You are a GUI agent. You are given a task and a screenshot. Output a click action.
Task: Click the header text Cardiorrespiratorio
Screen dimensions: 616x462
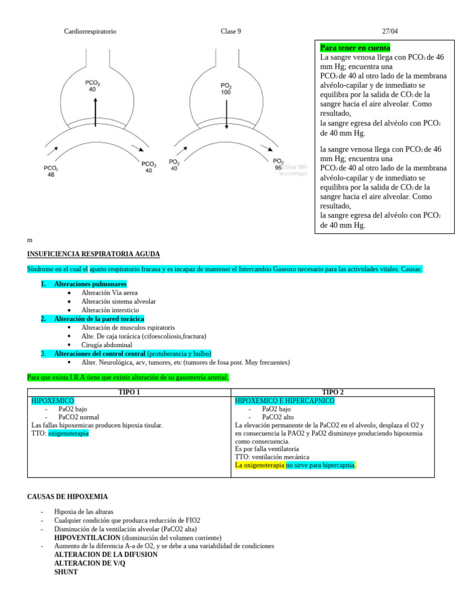[x=90, y=31]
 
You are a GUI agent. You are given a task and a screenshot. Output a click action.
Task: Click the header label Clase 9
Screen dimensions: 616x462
[x=231, y=31]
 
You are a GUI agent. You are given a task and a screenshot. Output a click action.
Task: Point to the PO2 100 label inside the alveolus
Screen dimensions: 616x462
[x=226, y=89]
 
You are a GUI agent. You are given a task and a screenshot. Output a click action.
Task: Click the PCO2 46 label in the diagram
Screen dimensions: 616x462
[x=51, y=171]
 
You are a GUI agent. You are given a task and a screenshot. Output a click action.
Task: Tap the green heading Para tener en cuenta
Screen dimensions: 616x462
[x=355, y=48]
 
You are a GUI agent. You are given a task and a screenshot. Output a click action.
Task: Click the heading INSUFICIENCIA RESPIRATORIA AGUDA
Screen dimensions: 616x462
[x=94, y=254]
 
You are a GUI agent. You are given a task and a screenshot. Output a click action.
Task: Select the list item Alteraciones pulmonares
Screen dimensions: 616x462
[x=90, y=283]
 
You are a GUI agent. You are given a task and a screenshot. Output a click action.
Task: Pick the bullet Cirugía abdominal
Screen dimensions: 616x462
[x=106, y=345]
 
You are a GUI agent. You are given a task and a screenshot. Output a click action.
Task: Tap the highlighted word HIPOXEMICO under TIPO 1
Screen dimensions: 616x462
[x=52, y=401]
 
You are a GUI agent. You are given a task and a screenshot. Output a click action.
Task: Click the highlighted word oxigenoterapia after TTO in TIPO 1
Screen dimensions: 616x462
[x=68, y=433]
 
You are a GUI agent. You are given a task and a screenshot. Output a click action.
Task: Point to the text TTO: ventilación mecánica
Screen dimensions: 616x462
[x=273, y=457]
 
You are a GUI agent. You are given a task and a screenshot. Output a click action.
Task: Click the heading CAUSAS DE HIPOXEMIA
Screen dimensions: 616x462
[x=68, y=496]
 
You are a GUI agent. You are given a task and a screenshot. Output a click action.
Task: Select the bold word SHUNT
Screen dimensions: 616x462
[x=66, y=572]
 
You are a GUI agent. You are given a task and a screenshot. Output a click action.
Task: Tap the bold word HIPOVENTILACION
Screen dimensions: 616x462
[x=87, y=537]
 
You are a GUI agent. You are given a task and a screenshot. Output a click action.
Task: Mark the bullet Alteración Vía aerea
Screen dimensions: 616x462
[x=109, y=292]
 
